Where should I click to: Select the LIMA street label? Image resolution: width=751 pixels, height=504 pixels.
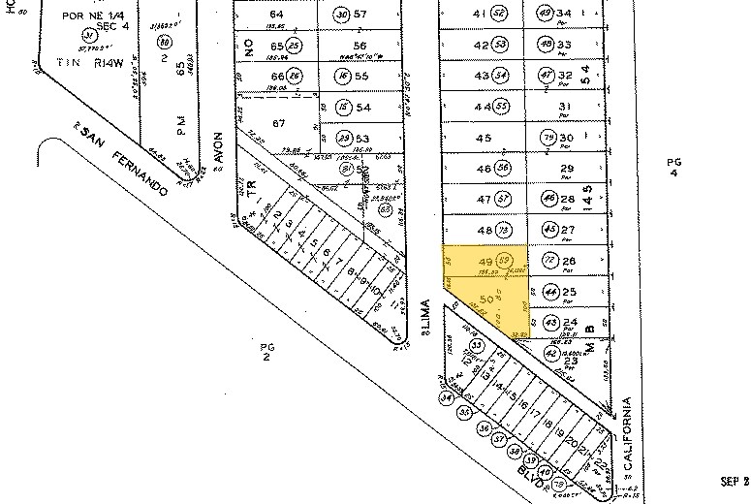pyautogui.click(x=425, y=317)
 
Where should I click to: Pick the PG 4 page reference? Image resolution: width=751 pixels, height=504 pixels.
pyautogui.click(x=675, y=167)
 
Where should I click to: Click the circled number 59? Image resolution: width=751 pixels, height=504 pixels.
pyautogui.click(x=505, y=260)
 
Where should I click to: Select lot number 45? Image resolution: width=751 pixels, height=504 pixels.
pyautogui.click(x=485, y=139)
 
